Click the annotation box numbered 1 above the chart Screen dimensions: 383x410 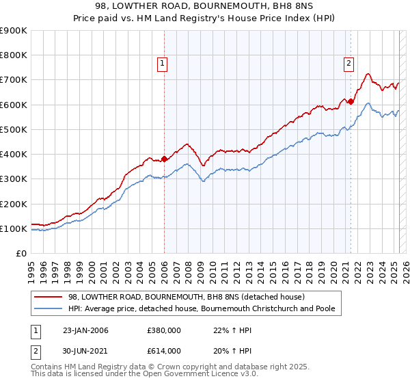tap(163, 64)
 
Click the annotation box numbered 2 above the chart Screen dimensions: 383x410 tap(348, 64)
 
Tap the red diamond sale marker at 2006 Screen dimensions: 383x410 tap(165, 159)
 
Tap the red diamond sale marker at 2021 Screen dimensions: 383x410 tap(351, 101)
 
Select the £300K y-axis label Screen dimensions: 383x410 tap(14, 179)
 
